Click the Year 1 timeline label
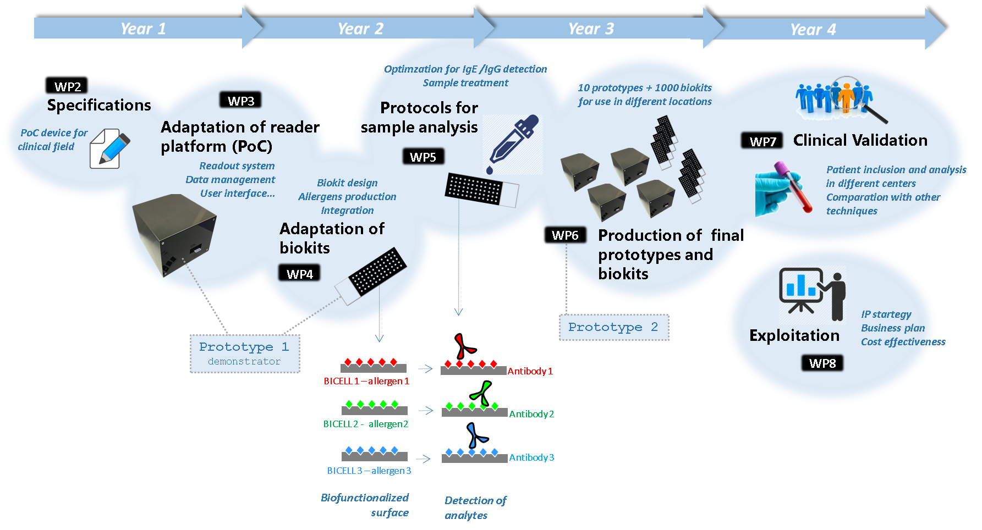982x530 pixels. pyautogui.click(x=143, y=29)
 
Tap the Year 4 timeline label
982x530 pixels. pyautogui.click(x=813, y=30)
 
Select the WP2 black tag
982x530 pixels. pyautogui.click(x=67, y=86)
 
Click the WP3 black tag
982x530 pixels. pyautogui.click(x=241, y=101)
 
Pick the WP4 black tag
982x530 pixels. pyautogui.click(x=300, y=274)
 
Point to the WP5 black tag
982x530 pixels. pyautogui.click(x=423, y=157)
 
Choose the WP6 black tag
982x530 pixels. pyautogui.click(x=565, y=235)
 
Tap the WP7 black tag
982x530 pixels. pyautogui.click(x=762, y=141)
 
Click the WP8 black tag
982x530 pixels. pyautogui.click(x=822, y=363)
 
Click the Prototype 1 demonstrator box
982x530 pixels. pyautogui.click(x=245, y=354)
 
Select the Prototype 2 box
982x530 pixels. pyautogui.click(x=613, y=327)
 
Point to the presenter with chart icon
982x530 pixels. pyautogui.click(x=812, y=294)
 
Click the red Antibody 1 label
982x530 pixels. pyautogui.click(x=530, y=371)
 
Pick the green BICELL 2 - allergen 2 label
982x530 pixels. pyautogui.click(x=366, y=424)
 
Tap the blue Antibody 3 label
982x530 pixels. pyautogui.click(x=531, y=457)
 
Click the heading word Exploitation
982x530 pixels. pyautogui.click(x=794, y=335)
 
